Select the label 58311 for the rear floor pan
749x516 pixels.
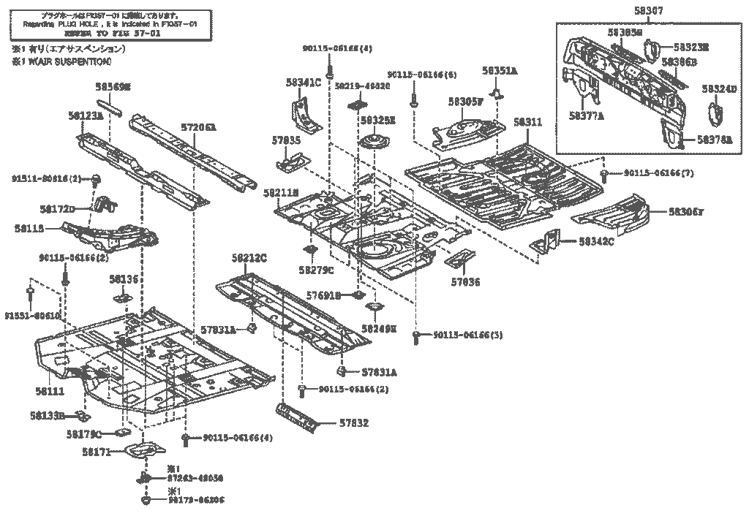(x=527, y=122)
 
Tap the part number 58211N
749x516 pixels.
(x=281, y=192)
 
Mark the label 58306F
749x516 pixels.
(x=685, y=212)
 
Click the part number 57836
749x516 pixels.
(x=465, y=281)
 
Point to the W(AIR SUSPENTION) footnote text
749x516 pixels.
(x=61, y=62)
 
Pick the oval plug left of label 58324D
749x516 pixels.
(x=714, y=117)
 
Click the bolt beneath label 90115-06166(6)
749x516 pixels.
(x=413, y=99)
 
